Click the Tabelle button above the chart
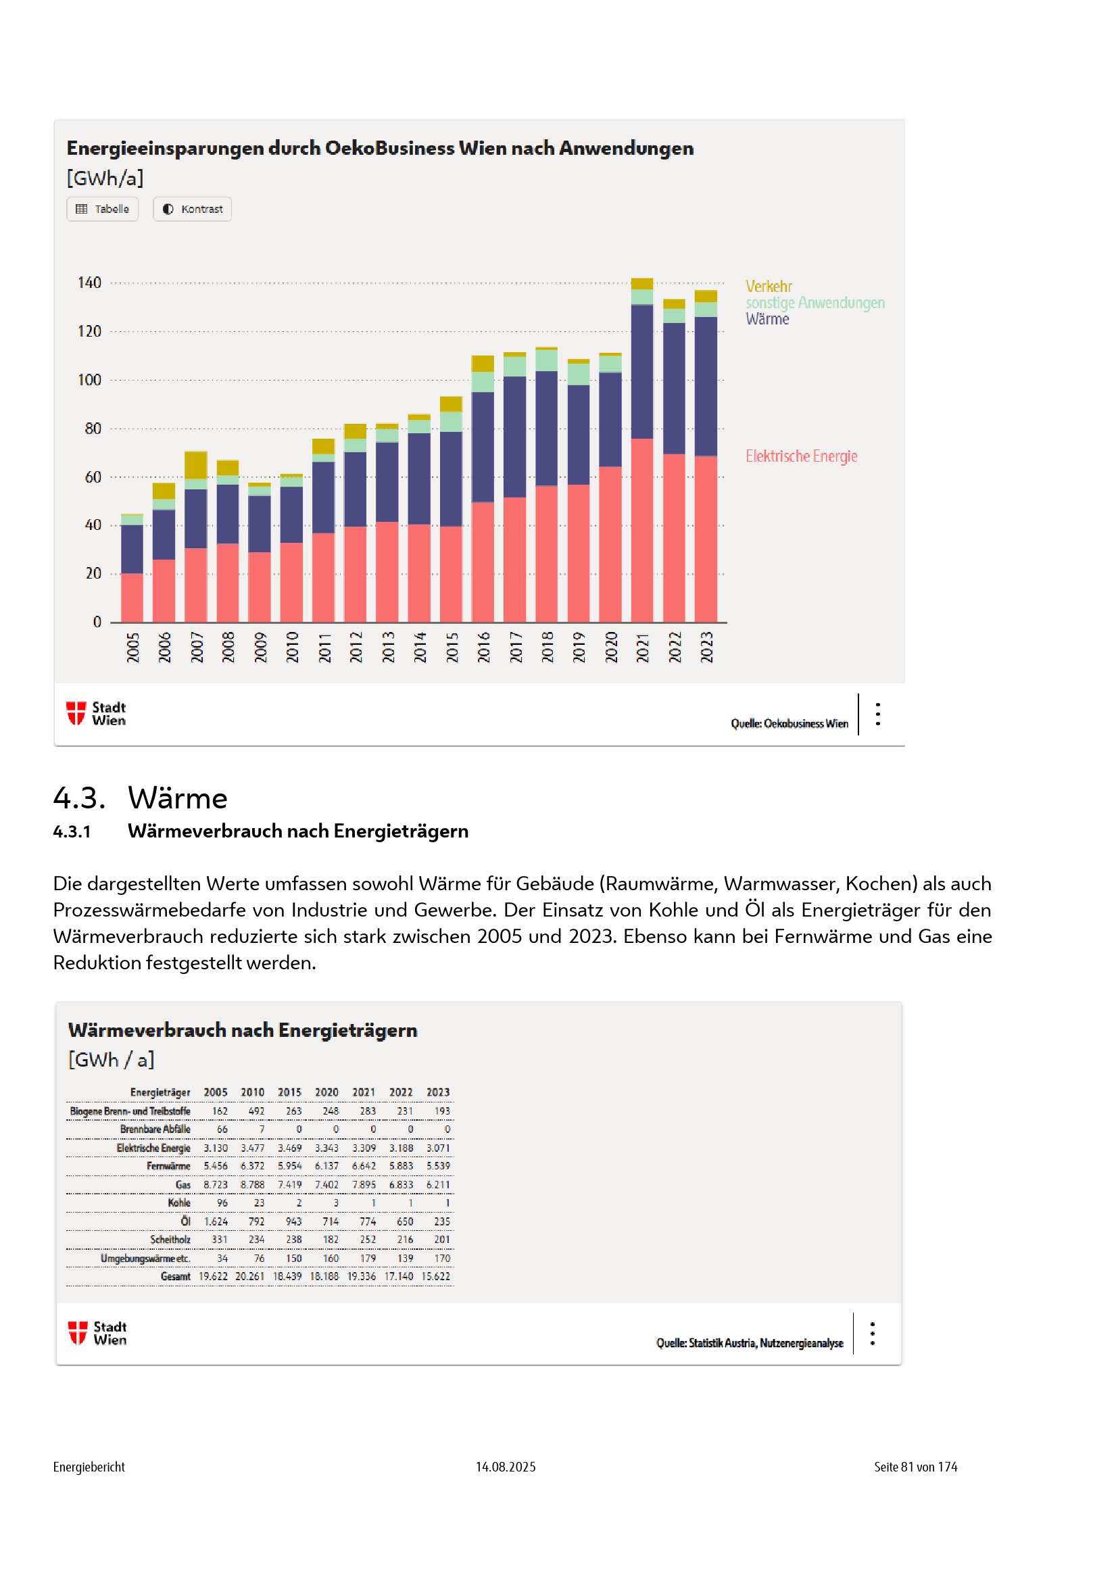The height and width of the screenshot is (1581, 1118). point(103,210)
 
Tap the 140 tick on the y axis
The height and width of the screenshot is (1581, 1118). point(89,283)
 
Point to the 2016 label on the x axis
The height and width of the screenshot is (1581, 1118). point(483,648)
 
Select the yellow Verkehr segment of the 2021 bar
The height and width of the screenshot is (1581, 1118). point(641,284)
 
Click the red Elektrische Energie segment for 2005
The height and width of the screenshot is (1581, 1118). point(132,598)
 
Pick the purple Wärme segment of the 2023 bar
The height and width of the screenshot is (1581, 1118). point(706,385)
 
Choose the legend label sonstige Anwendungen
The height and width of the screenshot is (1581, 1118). point(815,303)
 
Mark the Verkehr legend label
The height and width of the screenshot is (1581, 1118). point(769,287)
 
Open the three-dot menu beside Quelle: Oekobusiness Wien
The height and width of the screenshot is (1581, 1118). point(878,714)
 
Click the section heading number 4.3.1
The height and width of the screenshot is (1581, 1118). point(72,832)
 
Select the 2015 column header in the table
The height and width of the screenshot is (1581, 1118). point(289,1093)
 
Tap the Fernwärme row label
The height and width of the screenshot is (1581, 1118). point(168,1167)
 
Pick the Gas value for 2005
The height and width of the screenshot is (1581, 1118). point(216,1185)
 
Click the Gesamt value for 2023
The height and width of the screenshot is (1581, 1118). point(436,1277)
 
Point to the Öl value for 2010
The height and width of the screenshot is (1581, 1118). point(256,1221)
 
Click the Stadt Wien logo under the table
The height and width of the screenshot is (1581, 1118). point(97,1333)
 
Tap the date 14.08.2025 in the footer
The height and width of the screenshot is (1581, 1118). point(506,1467)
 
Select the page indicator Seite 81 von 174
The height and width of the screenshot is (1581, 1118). point(915,1467)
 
